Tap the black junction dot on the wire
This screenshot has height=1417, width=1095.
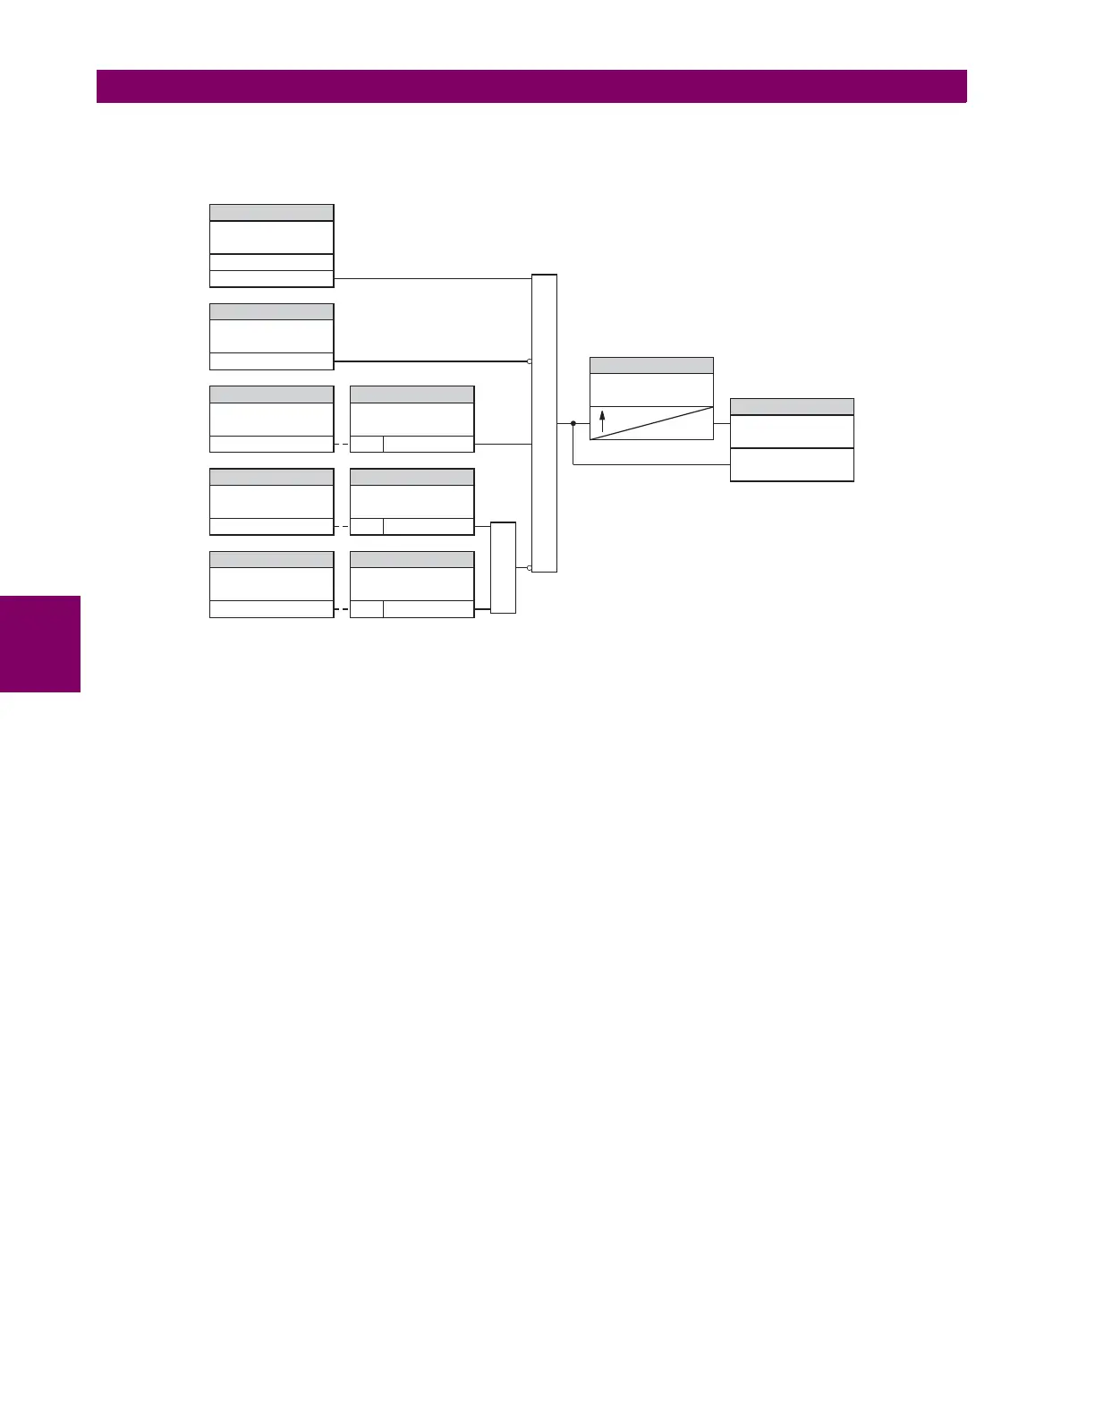573,423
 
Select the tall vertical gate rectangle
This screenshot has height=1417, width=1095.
544,423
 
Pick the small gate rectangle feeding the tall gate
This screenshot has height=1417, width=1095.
504,567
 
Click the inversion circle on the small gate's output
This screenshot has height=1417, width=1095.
530,567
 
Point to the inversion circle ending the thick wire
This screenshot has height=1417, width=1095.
530,361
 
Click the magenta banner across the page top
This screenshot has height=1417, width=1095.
531,87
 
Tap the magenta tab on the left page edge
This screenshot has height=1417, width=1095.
40,644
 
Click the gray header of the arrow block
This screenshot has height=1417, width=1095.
651,365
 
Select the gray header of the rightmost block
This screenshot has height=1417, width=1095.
792,407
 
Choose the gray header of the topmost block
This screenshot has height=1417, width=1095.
271,212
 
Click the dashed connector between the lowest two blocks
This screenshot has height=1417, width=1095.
342,609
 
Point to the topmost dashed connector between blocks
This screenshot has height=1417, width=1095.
342,444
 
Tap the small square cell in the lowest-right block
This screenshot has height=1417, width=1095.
366,609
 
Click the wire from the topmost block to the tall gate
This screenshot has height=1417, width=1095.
432,278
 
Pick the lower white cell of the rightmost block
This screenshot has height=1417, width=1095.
792,465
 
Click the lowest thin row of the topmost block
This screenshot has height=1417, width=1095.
271,279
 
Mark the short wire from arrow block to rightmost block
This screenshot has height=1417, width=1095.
722,423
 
